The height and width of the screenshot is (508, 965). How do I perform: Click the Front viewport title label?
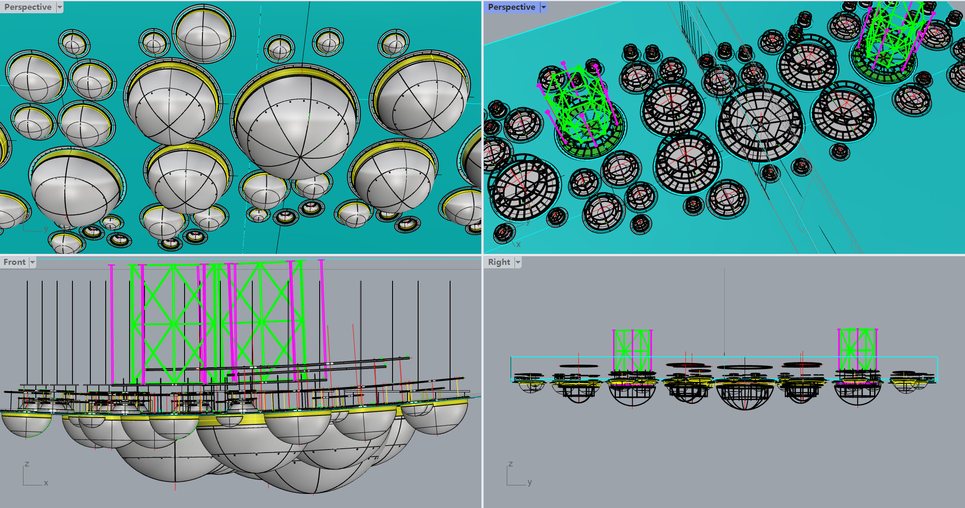coord(14,262)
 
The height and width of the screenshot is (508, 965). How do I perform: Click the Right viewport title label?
coord(499,262)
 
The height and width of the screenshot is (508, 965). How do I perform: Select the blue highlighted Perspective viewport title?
coord(511,7)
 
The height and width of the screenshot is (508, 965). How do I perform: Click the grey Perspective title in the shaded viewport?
coord(28,7)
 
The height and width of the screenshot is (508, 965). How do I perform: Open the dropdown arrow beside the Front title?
coord(32,262)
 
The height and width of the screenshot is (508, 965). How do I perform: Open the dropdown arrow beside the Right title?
coord(518,262)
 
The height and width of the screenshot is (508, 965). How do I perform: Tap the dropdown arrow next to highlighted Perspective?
coord(543,7)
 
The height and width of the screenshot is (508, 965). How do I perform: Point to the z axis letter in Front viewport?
coord(27,464)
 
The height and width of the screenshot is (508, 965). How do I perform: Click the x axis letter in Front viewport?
coord(46,483)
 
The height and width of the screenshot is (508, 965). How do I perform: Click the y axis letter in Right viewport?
coord(530,482)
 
